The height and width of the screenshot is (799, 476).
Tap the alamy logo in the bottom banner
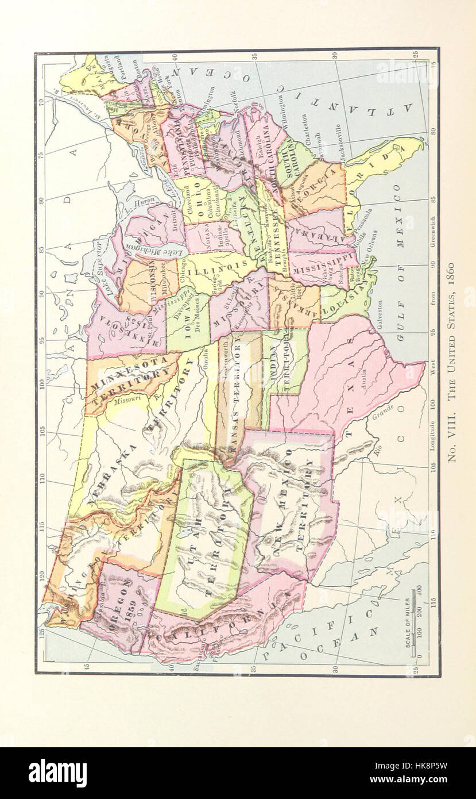[57, 773]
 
